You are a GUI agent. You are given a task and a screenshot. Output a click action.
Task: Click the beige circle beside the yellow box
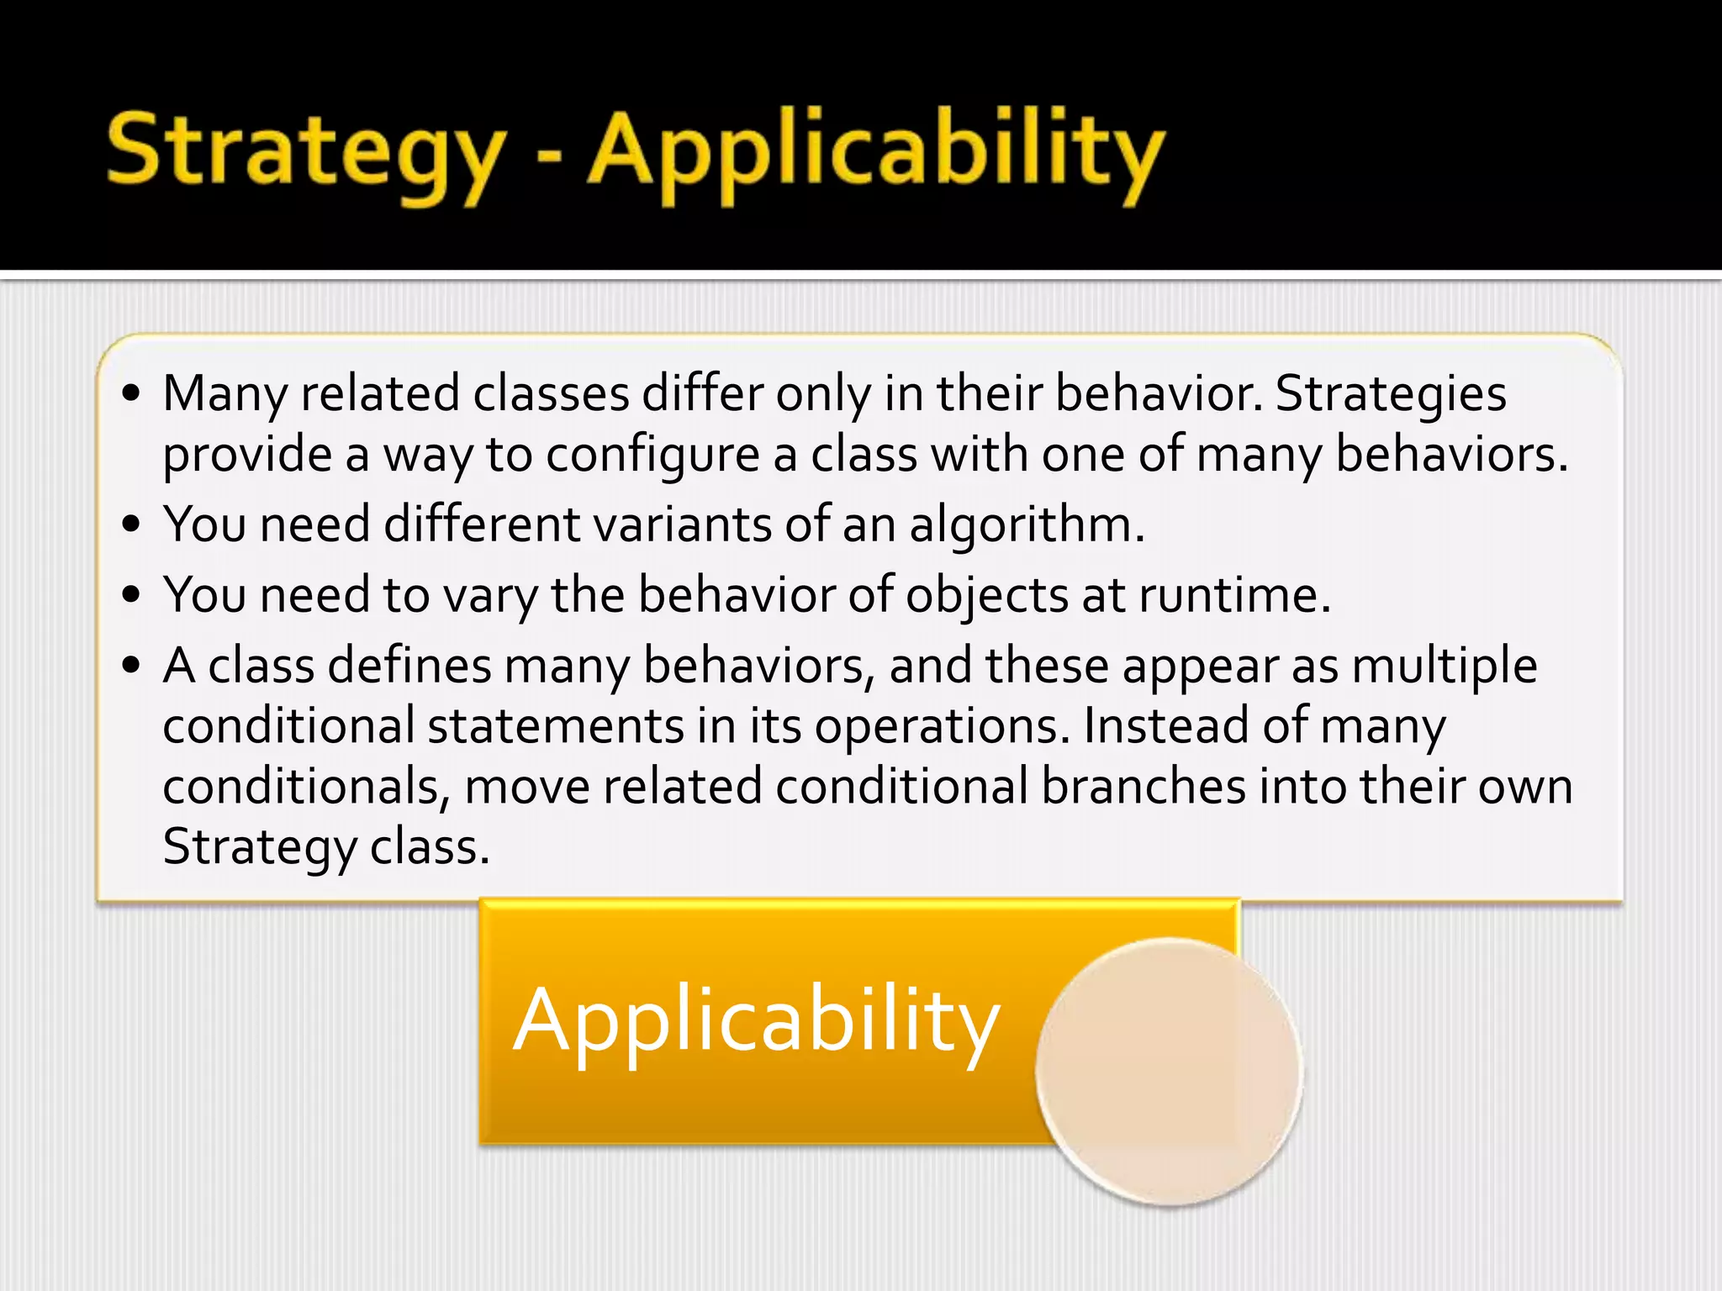click(x=1169, y=1072)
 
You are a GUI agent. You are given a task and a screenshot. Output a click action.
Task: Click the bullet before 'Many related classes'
click(x=130, y=393)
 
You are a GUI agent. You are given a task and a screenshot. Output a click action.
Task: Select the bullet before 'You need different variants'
click(x=130, y=524)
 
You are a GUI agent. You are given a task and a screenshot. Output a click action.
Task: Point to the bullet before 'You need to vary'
click(x=130, y=595)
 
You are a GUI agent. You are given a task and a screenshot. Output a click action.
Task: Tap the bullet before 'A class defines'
click(x=130, y=666)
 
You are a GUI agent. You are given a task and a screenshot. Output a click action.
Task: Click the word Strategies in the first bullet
click(x=1391, y=393)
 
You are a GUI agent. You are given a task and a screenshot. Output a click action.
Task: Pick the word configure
click(x=652, y=455)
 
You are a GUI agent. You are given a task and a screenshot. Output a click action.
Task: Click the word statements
click(x=556, y=725)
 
